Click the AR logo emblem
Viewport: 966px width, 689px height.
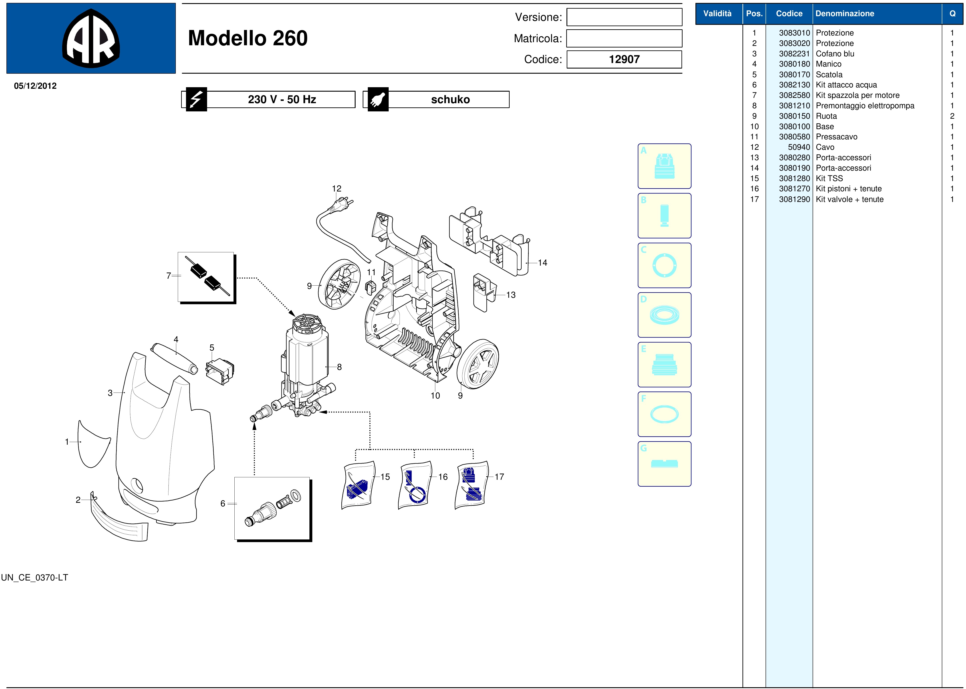click(91, 38)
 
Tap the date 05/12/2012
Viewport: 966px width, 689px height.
click(35, 86)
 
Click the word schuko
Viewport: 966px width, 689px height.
click(450, 99)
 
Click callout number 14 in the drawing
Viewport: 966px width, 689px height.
click(542, 263)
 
